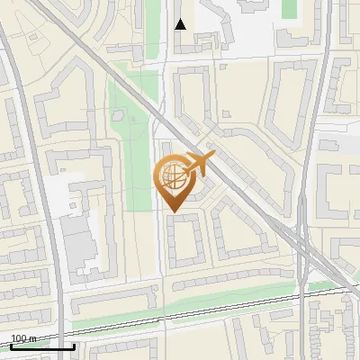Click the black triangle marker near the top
[x=180, y=24]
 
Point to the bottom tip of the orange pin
[x=173, y=212]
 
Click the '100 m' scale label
[x=23, y=338]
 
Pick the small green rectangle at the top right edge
[x=289, y=8]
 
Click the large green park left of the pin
[x=130, y=153]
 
